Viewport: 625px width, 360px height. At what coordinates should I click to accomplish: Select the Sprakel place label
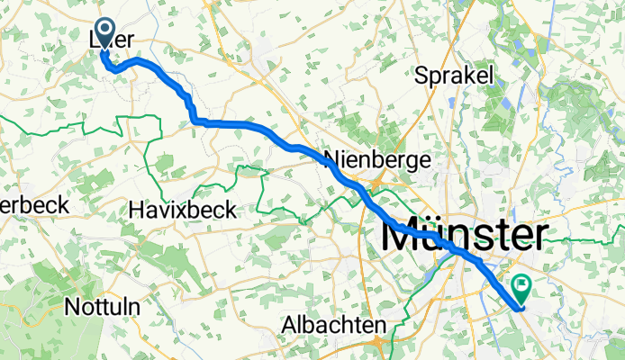point(454,76)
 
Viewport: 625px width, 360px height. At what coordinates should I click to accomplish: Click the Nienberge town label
point(376,159)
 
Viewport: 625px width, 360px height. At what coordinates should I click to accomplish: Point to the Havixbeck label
point(182,210)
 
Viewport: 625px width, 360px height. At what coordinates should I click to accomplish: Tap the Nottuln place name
point(101,306)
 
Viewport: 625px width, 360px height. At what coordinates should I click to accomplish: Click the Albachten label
point(333,324)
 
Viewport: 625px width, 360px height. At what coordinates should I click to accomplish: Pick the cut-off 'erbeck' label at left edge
point(34,205)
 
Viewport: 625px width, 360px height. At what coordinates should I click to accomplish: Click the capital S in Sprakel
point(421,76)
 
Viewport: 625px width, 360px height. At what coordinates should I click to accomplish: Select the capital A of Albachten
point(288,324)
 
